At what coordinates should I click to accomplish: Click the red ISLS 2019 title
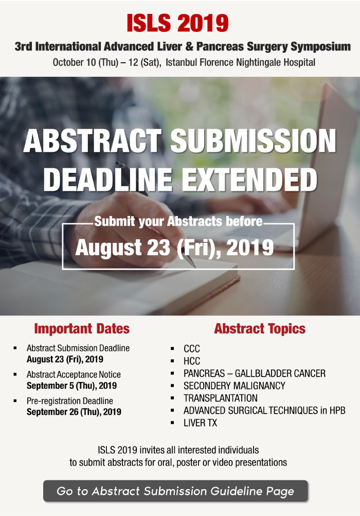coord(178,23)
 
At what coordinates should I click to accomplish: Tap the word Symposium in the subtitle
coord(320,47)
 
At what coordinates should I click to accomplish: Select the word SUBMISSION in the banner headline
coord(254,140)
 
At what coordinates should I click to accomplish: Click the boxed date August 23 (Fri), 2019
coord(174,247)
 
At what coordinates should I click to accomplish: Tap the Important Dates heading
coord(82,328)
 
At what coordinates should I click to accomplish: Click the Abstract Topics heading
coord(260,328)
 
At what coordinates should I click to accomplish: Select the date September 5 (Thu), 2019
coord(71,386)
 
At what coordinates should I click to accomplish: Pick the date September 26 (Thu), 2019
coord(74,412)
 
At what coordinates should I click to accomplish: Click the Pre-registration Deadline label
coord(70,401)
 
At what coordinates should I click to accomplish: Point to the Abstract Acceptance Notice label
coord(74,375)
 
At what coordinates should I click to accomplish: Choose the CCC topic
coord(192,348)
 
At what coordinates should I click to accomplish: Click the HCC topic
coord(192,361)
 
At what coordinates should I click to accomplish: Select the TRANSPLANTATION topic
coord(221,398)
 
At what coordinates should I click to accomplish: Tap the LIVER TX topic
coord(201,423)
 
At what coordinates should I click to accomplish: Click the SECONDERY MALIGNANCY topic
coord(235,386)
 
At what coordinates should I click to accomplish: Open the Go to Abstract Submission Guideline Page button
coord(175,491)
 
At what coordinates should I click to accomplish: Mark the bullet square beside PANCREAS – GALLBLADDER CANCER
coord(172,373)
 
